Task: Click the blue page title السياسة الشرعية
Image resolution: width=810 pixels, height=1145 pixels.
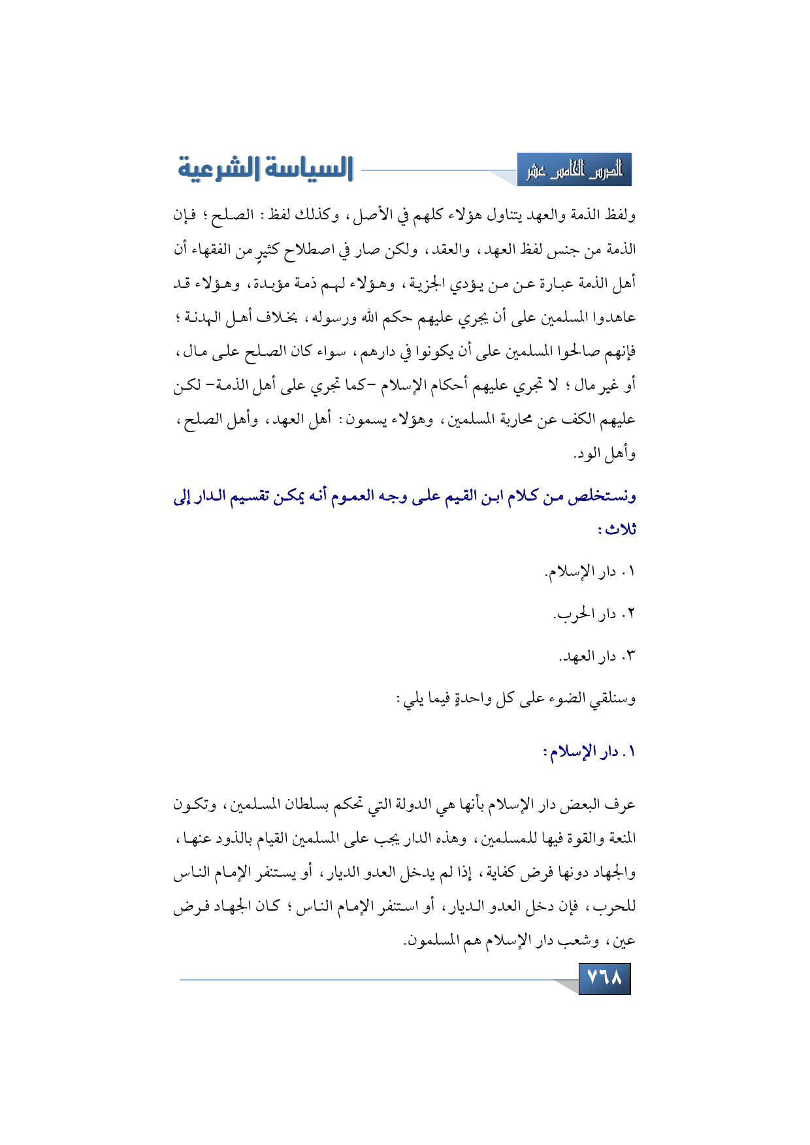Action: [265, 168]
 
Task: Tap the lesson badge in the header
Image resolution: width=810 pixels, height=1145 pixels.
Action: [574, 170]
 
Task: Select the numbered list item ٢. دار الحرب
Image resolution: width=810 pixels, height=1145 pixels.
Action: [594, 614]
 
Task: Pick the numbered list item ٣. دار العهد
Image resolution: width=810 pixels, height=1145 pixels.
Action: [596, 656]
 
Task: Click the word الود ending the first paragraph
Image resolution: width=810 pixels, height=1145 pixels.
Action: [588, 453]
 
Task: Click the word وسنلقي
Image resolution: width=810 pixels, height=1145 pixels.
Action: [612, 699]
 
